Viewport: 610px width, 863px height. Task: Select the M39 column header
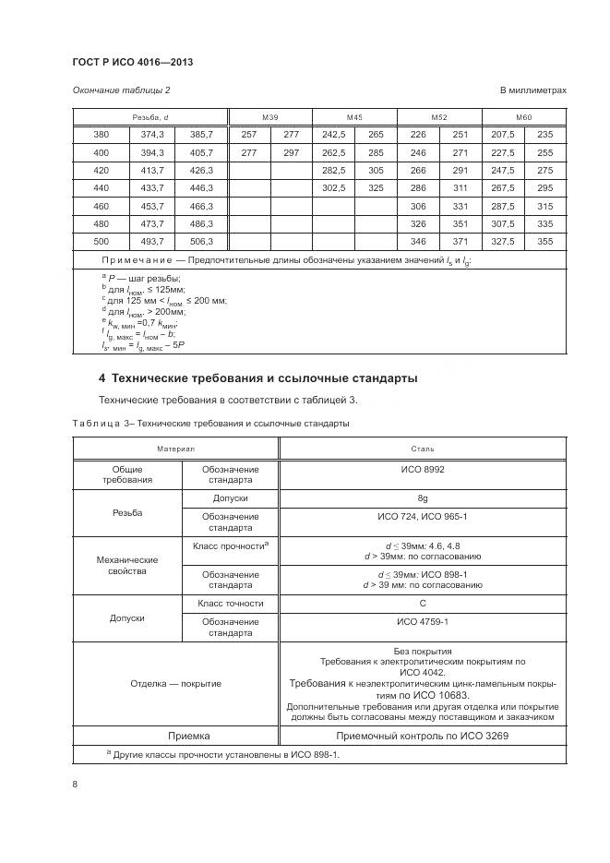tap(270, 117)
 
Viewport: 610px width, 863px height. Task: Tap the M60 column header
tap(524, 117)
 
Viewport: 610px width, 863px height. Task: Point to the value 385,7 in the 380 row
tap(201, 134)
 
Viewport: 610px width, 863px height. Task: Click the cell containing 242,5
tap(333, 134)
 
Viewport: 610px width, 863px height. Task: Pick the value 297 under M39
tap(292, 152)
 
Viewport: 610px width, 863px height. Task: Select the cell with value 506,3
tap(201, 241)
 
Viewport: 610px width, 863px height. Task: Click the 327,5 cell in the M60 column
tap(503, 241)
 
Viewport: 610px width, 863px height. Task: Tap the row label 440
tap(101, 187)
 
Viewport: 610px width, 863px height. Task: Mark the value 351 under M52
tap(460, 223)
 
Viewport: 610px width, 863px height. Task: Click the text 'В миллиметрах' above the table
tap(532, 90)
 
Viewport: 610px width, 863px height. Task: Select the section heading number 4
tap(102, 378)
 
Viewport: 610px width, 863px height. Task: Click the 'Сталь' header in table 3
tap(423, 448)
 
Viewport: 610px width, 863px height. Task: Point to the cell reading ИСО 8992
tap(423, 469)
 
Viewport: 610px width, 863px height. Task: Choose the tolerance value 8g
tap(423, 498)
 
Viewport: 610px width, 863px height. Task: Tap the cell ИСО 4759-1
tap(423, 622)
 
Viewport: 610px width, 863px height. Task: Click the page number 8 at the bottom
tap(75, 785)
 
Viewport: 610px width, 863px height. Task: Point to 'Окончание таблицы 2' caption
tap(121, 90)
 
